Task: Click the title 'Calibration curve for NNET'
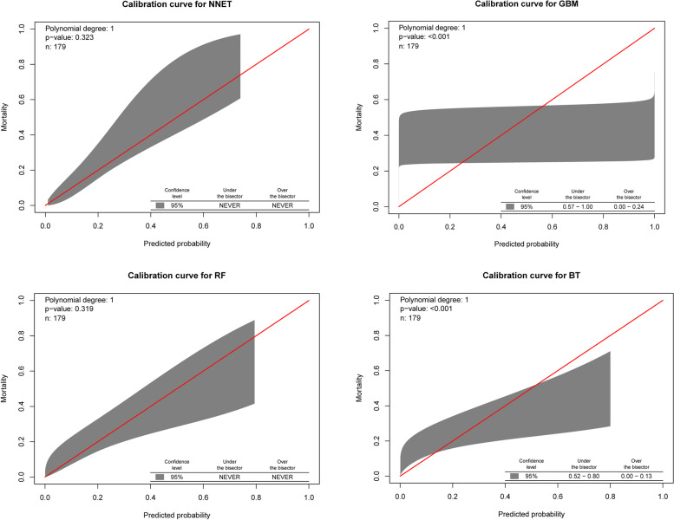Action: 178,7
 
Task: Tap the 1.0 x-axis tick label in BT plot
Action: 663,492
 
